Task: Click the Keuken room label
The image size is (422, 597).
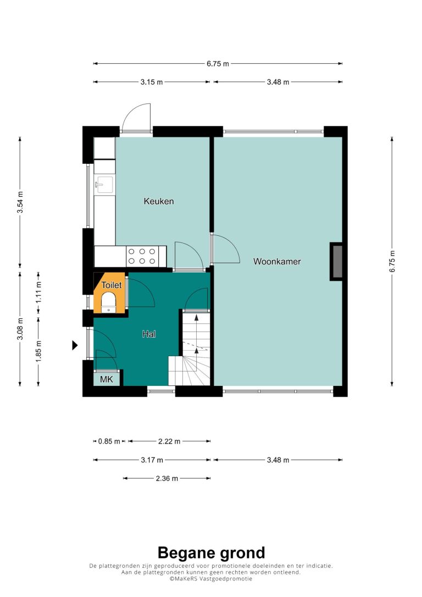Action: click(159, 201)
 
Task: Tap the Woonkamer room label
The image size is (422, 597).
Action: click(277, 262)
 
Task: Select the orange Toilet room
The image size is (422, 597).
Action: click(109, 293)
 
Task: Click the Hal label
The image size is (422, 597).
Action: click(149, 334)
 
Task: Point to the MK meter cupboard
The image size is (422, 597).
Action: click(107, 379)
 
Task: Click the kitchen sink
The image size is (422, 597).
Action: click(104, 185)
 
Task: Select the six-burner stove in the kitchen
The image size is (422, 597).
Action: click(142, 256)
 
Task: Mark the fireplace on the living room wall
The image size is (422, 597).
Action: click(337, 262)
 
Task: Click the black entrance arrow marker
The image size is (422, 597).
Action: click(75, 345)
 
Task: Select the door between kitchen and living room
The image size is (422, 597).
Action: click(225, 249)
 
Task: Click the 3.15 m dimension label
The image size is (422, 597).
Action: click(152, 82)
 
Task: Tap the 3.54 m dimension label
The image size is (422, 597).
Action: click(20, 202)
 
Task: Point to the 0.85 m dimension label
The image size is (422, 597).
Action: click(109, 441)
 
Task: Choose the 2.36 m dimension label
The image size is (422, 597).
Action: click(166, 478)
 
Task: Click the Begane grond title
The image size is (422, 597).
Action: click(211, 553)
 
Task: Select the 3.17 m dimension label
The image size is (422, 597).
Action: click(152, 460)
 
